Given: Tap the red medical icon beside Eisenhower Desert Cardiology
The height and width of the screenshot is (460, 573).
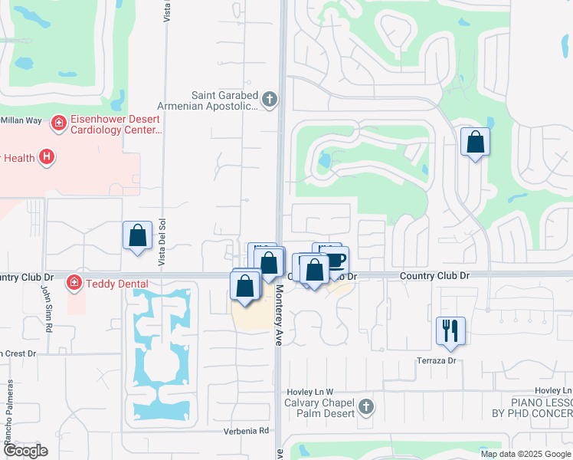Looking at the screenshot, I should (x=57, y=123).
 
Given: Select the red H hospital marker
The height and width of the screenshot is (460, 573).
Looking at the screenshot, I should (x=47, y=157).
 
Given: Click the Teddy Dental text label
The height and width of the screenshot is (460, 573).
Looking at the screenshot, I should (x=116, y=283).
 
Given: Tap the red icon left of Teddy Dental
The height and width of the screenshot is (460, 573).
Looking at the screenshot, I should (x=74, y=282).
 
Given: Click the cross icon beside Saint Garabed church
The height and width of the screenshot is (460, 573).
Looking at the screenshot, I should (x=269, y=99).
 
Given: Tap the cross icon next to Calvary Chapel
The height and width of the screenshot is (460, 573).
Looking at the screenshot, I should (x=366, y=406).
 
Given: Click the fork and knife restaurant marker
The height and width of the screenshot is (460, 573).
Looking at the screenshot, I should (x=450, y=330).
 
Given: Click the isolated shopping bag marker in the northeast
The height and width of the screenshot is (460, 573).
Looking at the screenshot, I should (x=475, y=142).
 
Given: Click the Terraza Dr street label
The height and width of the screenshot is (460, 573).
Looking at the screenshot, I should (x=436, y=360).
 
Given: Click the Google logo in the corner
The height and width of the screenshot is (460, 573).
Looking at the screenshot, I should (x=25, y=451).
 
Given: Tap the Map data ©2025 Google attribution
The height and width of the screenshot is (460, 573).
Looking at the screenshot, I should (x=526, y=454).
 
